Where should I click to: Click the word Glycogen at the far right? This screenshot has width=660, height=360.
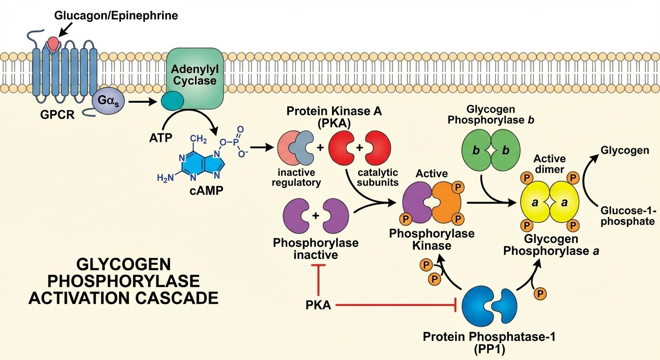(625, 150)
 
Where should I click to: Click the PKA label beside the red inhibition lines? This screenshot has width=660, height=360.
(319, 306)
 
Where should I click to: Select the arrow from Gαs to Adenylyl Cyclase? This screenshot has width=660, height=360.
(142, 101)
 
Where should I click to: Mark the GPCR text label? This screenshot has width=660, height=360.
(57, 114)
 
